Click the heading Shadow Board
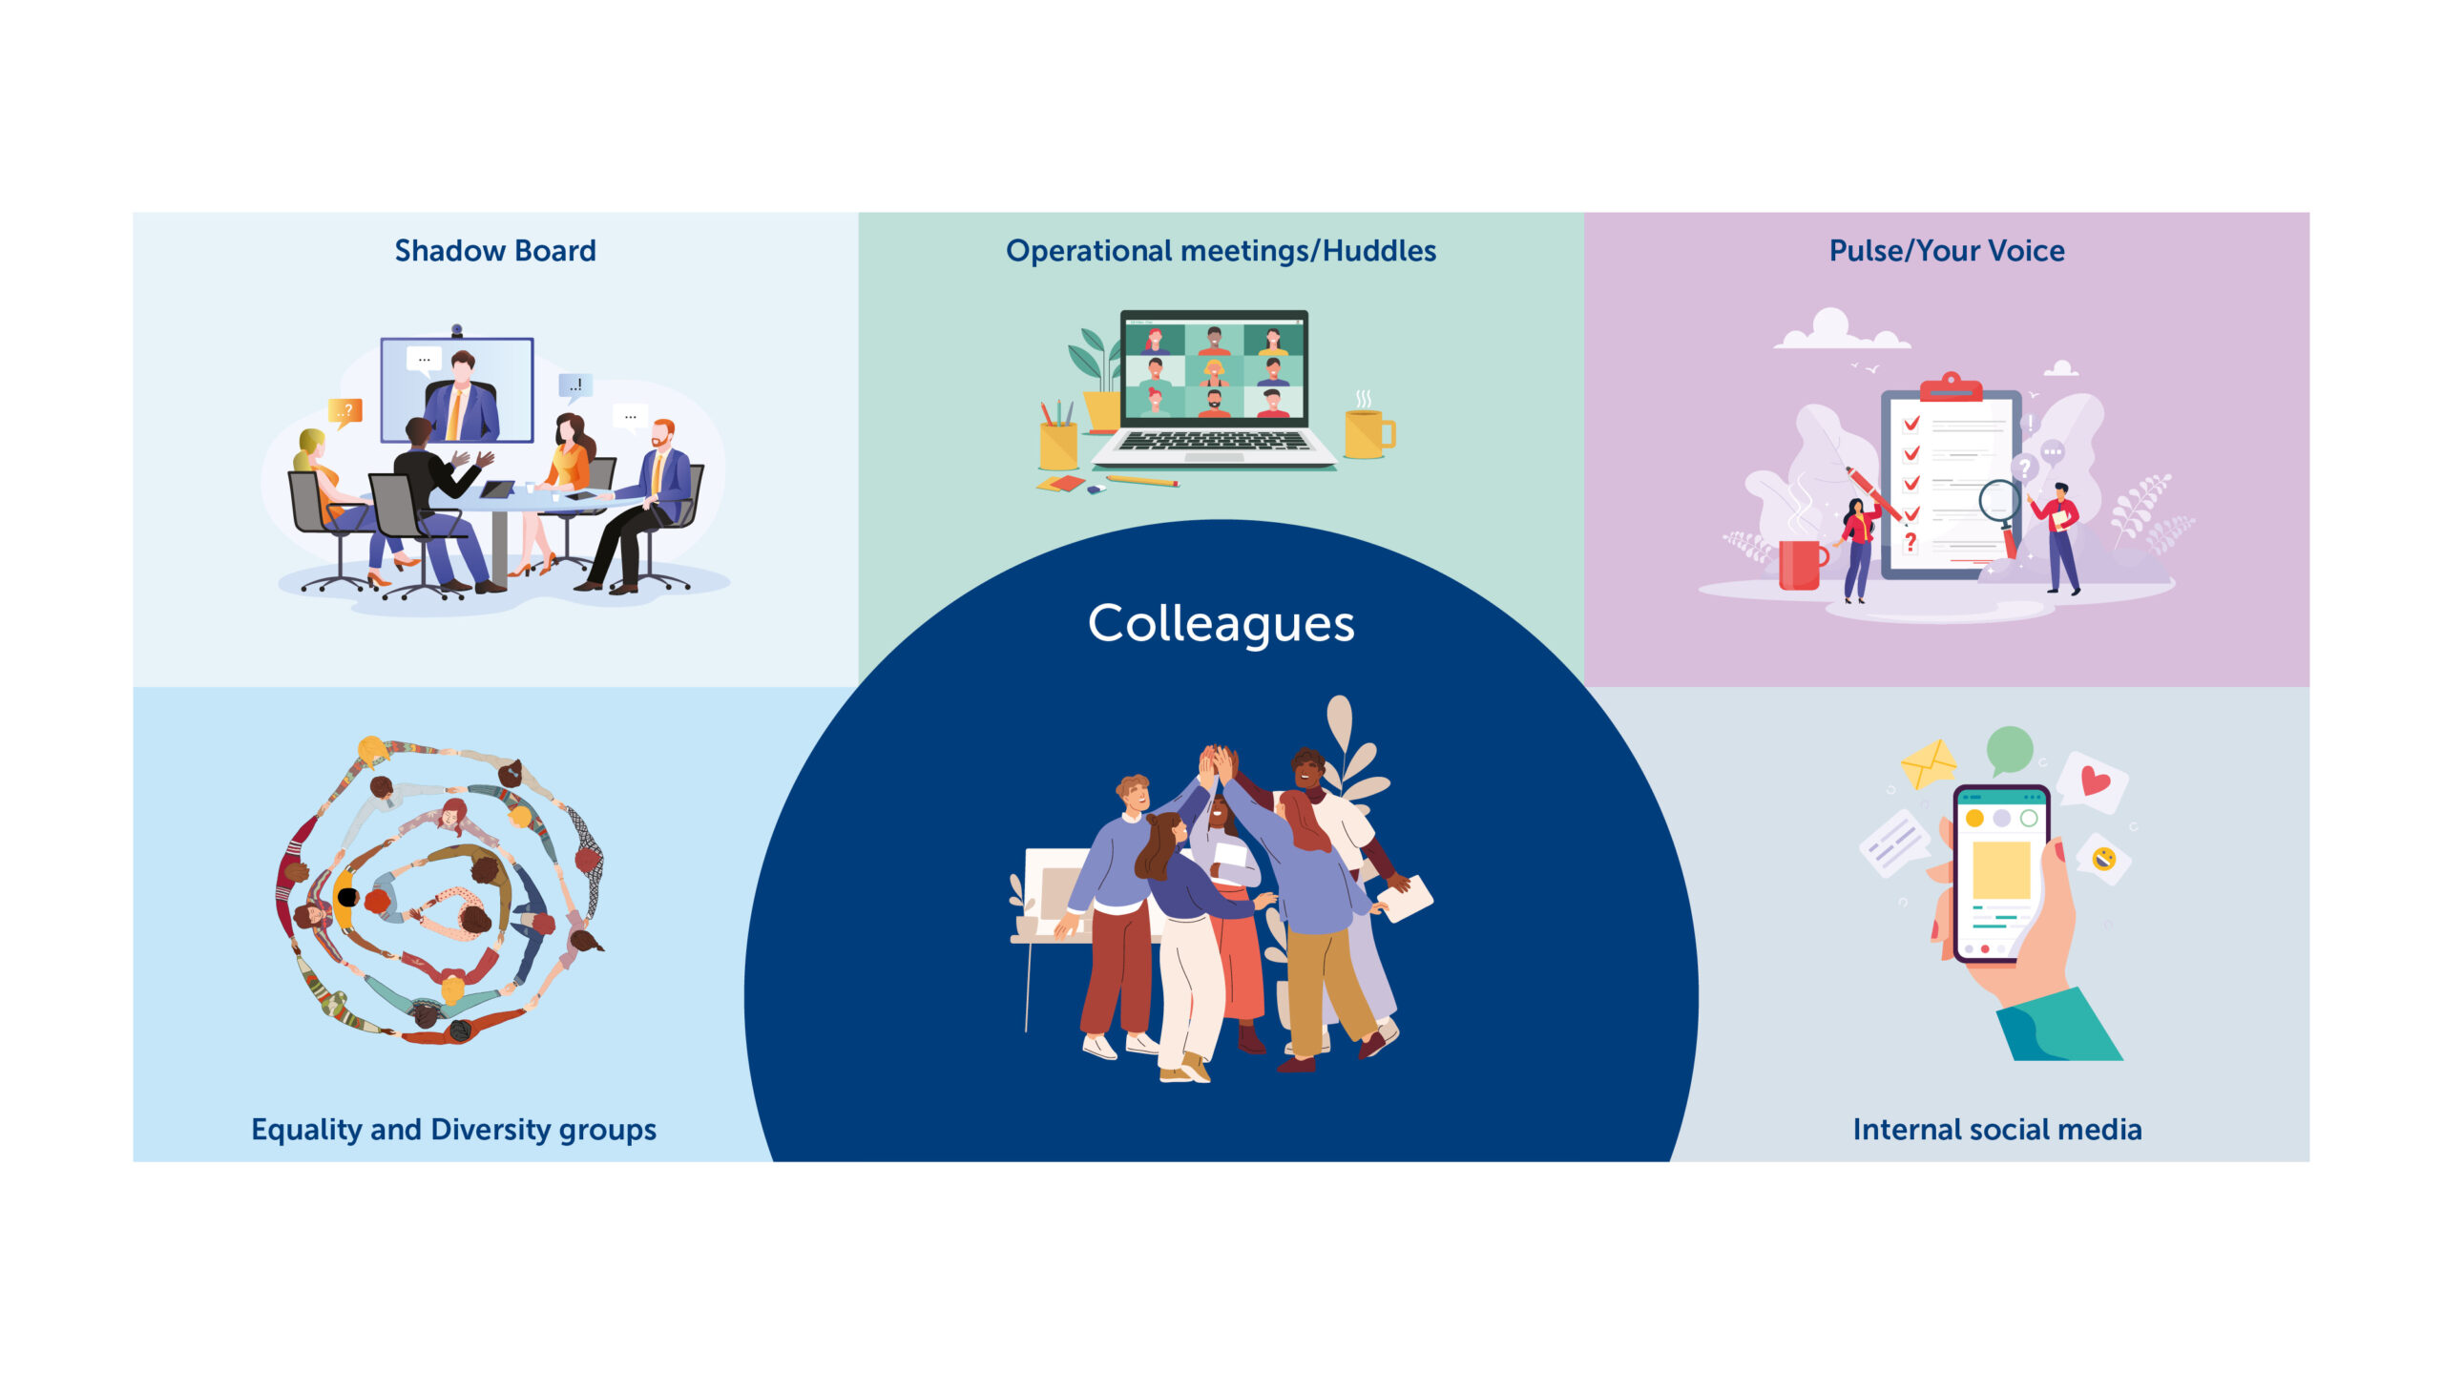point(495,251)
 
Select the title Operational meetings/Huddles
point(1221,251)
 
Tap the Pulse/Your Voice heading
point(1947,251)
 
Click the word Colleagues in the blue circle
point(1221,624)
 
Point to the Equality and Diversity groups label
point(453,1130)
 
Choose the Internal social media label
point(1997,1130)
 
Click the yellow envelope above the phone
point(1929,764)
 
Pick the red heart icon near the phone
point(2096,781)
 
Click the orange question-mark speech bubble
point(345,412)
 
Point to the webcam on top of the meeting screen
point(457,330)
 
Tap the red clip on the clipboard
point(1952,387)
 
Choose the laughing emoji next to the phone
point(2104,859)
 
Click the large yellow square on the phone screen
point(2001,869)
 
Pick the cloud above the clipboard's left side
point(1840,329)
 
